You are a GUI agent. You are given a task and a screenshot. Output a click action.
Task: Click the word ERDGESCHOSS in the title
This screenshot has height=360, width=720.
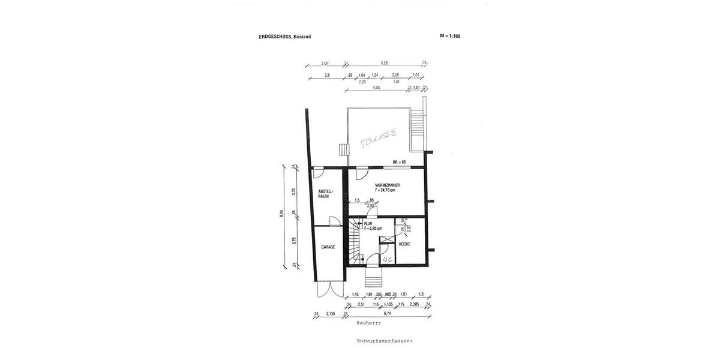(275, 37)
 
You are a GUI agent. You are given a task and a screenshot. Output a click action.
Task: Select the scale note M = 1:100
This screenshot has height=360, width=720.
(450, 36)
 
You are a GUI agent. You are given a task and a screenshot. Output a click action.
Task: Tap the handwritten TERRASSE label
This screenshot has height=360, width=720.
(378, 139)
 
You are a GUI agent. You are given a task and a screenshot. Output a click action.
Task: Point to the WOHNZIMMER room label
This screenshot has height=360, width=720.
(387, 185)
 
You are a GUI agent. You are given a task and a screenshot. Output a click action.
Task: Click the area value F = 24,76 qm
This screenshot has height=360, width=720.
(387, 190)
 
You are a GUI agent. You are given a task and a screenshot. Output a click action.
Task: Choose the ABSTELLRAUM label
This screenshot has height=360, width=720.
(326, 193)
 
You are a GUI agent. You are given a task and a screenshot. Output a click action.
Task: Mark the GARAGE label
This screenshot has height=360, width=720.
(328, 247)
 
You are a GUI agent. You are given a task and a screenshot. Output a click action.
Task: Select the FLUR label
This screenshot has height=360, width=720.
(368, 224)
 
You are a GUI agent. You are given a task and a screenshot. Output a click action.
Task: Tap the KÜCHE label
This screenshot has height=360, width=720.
(404, 244)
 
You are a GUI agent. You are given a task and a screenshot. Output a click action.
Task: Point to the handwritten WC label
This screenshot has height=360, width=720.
(387, 259)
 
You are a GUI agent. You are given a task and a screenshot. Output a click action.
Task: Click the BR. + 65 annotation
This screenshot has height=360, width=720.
(400, 162)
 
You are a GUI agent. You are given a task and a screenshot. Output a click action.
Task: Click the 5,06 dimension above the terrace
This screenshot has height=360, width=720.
(376, 88)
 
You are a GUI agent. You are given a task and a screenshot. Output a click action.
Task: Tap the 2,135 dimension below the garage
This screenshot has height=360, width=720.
(331, 313)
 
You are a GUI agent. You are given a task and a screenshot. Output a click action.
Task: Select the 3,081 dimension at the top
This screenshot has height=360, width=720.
(326, 63)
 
